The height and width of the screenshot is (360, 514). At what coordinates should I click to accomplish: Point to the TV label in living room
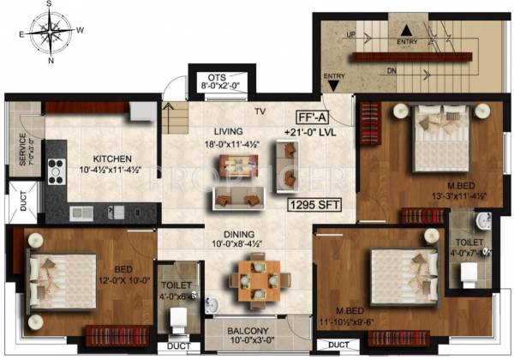click(x=260, y=111)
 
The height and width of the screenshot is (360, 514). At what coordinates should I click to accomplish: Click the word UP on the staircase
click(x=350, y=35)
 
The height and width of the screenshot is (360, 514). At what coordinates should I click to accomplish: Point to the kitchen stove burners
click(x=56, y=171)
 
